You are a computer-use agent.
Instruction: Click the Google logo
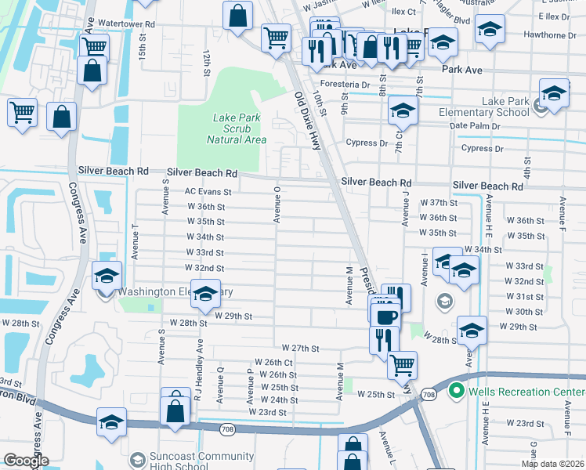point(25,461)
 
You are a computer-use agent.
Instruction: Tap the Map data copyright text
point(553,464)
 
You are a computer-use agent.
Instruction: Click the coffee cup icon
point(386,316)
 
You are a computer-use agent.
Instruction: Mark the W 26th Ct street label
point(273,363)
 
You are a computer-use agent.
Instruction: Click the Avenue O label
point(276,204)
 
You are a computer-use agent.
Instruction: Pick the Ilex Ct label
point(403,12)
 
